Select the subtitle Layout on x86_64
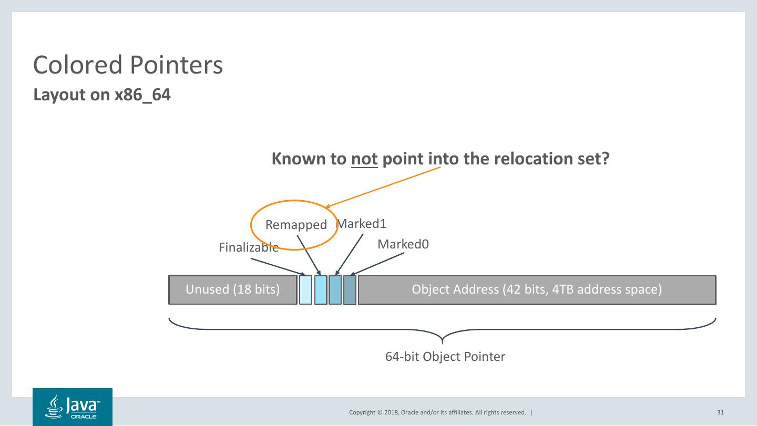[x=102, y=96]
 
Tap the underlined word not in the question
[x=364, y=159]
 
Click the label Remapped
[x=296, y=225]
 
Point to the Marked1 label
[x=362, y=224]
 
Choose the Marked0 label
[x=403, y=244]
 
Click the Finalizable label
[x=248, y=247]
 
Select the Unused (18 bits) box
[x=232, y=289]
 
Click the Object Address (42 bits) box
[x=536, y=289]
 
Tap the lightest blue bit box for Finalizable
[x=305, y=290]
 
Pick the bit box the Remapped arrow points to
[x=321, y=290]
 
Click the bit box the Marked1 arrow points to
[x=335, y=290]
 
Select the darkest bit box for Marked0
[x=350, y=290]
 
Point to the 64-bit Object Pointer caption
[x=445, y=357]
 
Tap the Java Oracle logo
[x=73, y=407]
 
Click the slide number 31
[x=720, y=412]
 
